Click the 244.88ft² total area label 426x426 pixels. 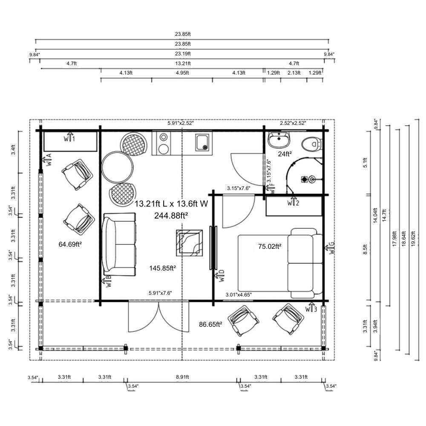(171, 216)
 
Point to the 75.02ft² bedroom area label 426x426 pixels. (270, 246)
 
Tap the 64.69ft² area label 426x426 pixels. (70, 244)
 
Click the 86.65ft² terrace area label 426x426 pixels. (210, 324)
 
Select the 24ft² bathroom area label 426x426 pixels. (285, 154)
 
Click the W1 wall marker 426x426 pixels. (69, 138)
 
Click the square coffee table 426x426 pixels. (190, 243)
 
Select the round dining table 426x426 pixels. (118, 167)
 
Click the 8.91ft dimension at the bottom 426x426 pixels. (182, 377)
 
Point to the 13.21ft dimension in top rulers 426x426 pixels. (183, 63)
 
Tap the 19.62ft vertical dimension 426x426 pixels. (413, 239)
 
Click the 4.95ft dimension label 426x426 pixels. (182, 73)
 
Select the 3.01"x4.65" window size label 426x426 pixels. (239, 294)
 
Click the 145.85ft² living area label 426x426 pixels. (162, 268)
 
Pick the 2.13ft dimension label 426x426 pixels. (294, 73)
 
